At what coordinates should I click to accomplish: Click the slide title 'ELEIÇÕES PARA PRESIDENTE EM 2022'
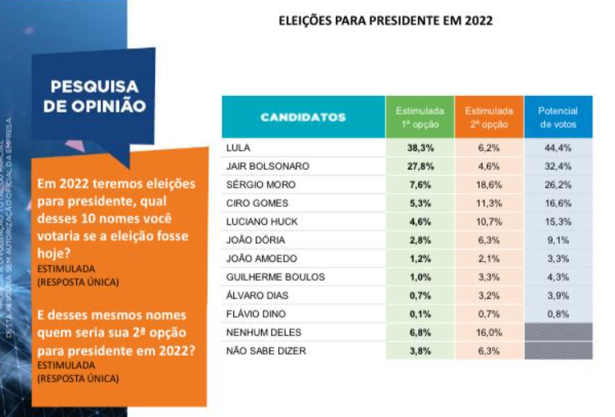pyautogui.click(x=385, y=20)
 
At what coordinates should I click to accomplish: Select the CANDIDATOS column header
pyautogui.click(x=303, y=117)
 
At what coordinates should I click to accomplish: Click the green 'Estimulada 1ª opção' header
pyautogui.click(x=420, y=117)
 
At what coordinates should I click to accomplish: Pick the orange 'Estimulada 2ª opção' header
pyautogui.click(x=489, y=117)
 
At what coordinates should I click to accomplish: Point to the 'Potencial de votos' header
pyautogui.click(x=558, y=117)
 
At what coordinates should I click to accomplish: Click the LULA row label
pyautogui.click(x=237, y=148)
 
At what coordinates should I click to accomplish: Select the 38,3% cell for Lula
pyautogui.click(x=420, y=148)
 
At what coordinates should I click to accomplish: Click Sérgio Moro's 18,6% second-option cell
pyautogui.click(x=489, y=185)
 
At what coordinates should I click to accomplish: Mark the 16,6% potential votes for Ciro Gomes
pyautogui.click(x=558, y=204)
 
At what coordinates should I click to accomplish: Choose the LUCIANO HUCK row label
pyautogui.click(x=261, y=222)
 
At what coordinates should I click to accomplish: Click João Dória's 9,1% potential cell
pyautogui.click(x=558, y=241)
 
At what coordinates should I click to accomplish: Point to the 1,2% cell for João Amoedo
pyautogui.click(x=420, y=259)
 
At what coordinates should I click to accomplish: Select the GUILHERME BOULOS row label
pyautogui.click(x=274, y=277)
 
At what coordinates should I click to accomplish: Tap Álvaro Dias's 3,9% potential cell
pyautogui.click(x=558, y=296)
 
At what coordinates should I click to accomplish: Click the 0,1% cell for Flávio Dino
pyautogui.click(x=420, y=314)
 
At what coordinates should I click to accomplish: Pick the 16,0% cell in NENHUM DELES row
pyautogui.click(x=489, y=332)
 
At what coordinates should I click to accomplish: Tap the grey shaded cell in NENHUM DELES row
pyautogui.click(x=558, y=332)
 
